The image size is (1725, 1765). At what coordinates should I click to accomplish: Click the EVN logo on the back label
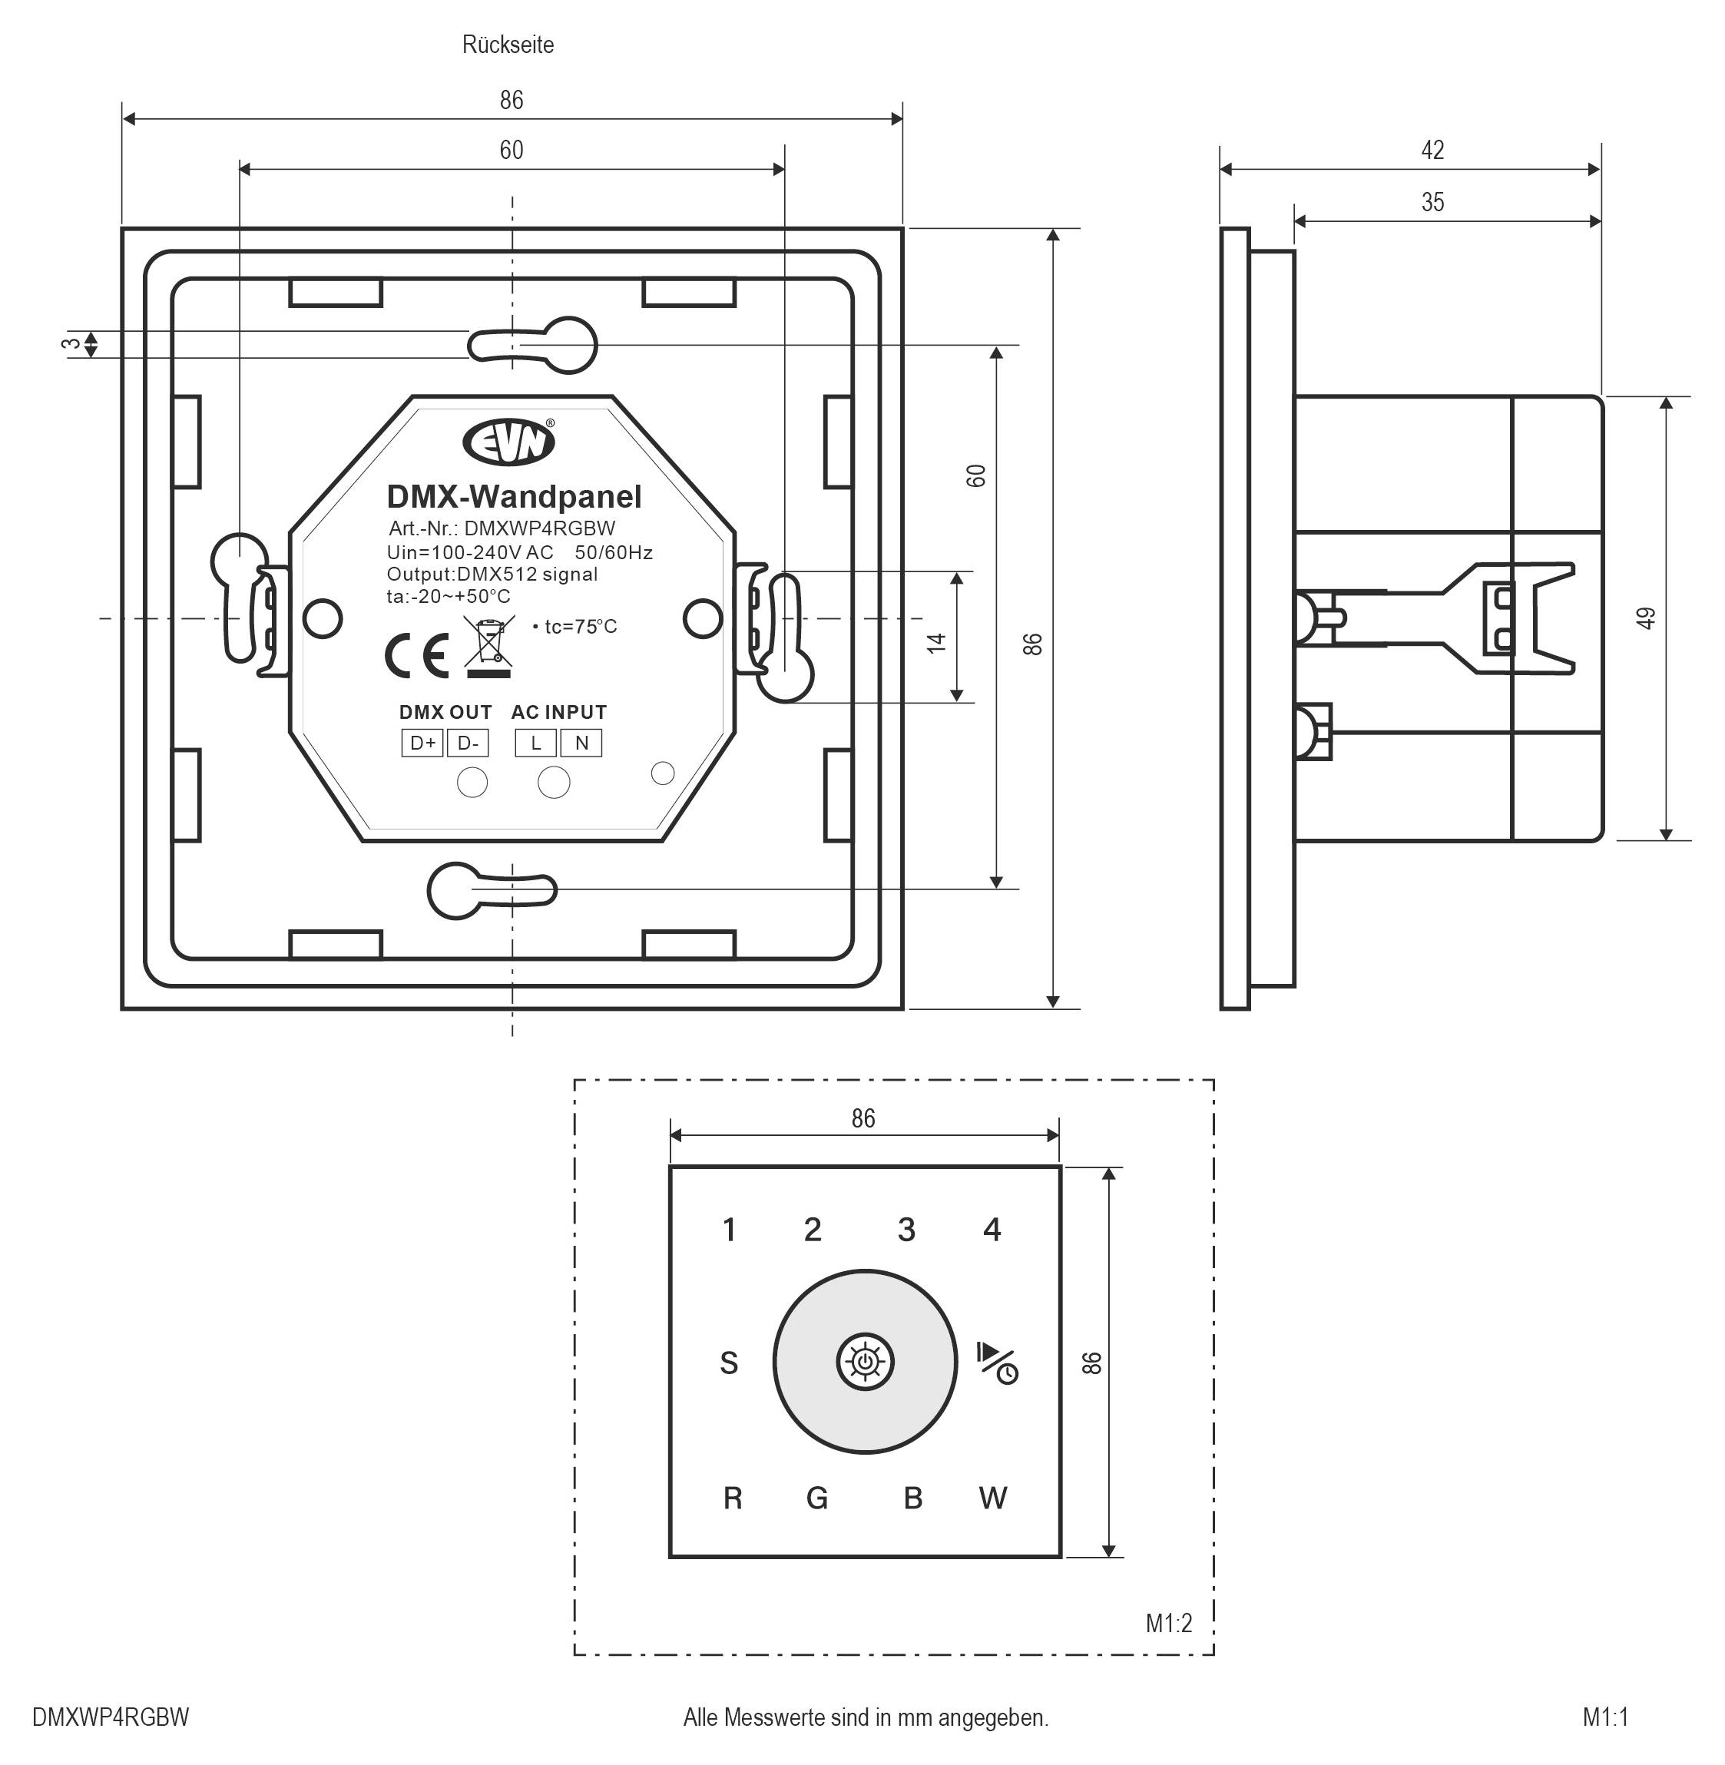[508, 441]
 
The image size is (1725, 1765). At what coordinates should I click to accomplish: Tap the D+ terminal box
[422, 743]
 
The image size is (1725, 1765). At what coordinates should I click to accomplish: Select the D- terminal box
[468, 743]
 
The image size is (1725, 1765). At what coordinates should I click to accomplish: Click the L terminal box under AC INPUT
[536, 743]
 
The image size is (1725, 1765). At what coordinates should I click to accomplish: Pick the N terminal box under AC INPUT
[581, 743]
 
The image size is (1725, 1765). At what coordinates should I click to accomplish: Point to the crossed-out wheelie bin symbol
[489, 646]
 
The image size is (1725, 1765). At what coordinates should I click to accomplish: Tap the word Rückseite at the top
[508, 45]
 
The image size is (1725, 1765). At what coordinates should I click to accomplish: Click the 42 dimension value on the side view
[1432, 150]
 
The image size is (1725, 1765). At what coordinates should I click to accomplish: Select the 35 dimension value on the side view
[1432, 202]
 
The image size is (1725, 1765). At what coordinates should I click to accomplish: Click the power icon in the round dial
[866, 1361]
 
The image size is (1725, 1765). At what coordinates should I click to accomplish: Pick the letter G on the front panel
[816, 1498]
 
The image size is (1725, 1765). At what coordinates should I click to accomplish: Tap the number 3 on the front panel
[906, 1230]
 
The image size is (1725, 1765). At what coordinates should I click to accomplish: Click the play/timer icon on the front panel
[998, 1363]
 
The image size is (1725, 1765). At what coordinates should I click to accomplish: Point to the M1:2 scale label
[1169, 1623]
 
